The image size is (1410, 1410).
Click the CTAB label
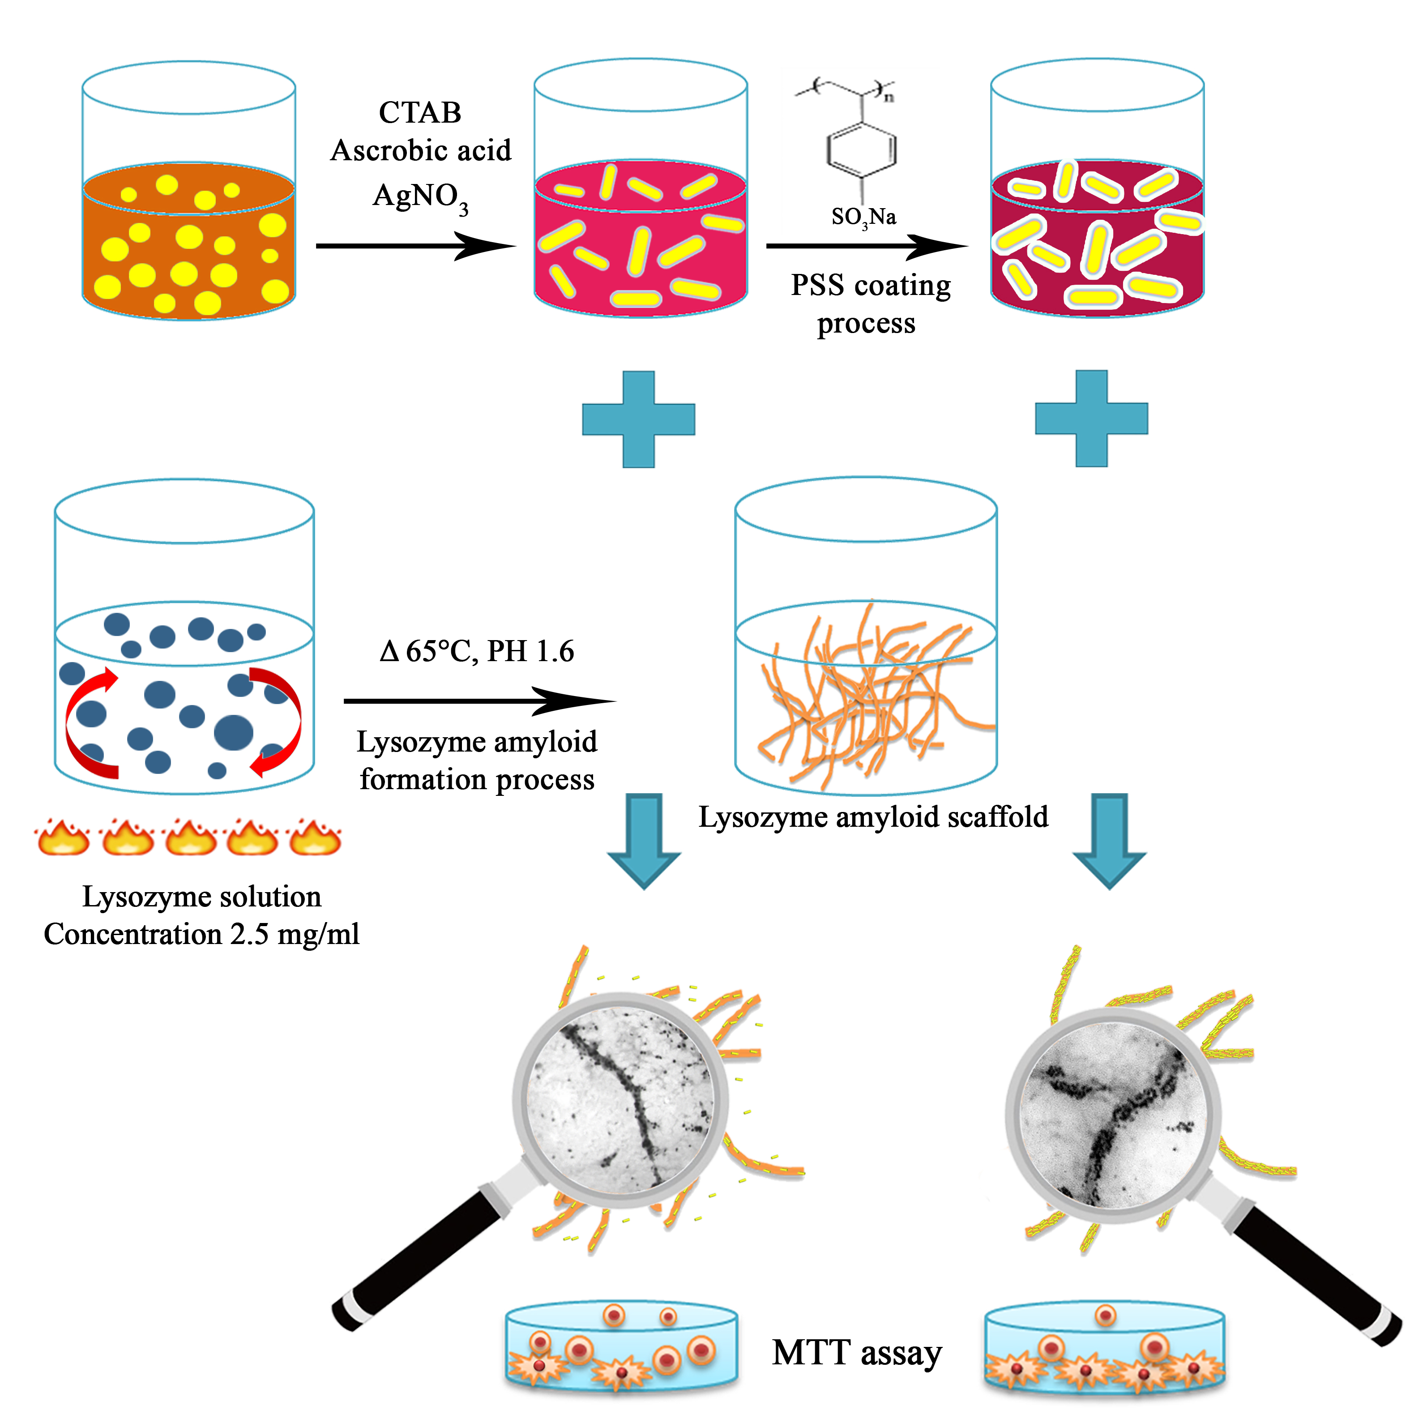click(420, 112)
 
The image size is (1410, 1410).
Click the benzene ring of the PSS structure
click(862, 150)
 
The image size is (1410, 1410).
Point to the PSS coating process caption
click(870, 303)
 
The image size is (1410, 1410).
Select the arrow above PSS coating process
click(866, 246)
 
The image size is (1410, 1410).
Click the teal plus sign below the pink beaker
click(639, 419)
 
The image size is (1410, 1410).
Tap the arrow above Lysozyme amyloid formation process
click(479, 701)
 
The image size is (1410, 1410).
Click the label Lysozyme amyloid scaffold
click(873, 816)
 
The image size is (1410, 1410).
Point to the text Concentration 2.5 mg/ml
click(201, 934)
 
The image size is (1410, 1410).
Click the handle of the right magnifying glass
click(1314, 1267)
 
